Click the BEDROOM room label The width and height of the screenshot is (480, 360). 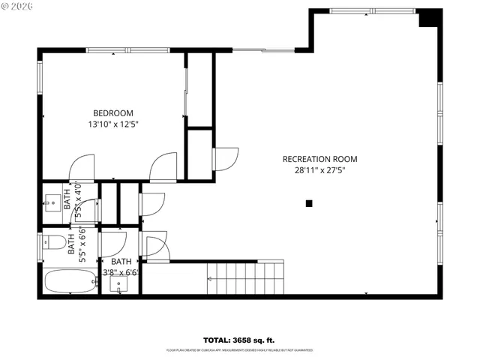(112, 113)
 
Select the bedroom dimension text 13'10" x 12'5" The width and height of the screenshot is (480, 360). (112, 124)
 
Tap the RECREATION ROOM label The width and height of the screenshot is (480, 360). (319, 159)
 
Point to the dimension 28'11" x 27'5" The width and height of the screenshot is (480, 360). (319, 170)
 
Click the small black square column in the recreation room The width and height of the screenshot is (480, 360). (308, 203)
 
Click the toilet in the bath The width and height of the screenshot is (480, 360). (51, 242)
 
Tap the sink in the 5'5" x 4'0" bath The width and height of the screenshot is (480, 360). (52, 201)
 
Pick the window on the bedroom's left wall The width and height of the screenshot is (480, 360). (40, 79)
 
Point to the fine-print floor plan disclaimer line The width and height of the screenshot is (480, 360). (239, 350)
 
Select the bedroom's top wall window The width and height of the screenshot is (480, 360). (112, 51)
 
